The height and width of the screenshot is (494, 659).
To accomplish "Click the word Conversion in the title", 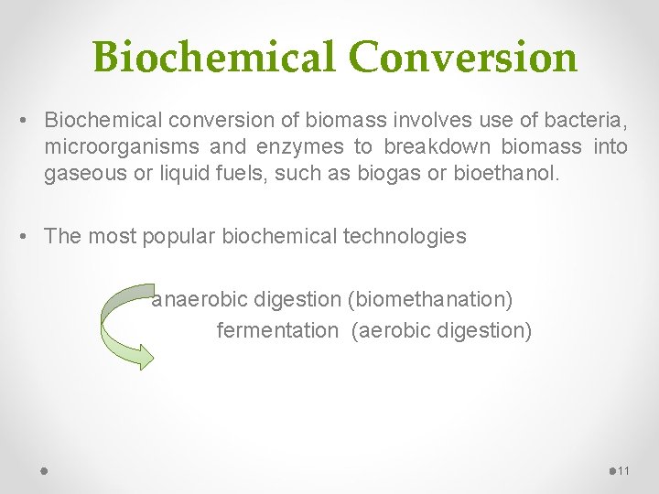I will coord(463,57).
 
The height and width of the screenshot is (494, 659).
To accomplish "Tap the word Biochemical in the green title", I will coord(214,57).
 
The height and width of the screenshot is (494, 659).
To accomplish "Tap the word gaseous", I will coord(85,172).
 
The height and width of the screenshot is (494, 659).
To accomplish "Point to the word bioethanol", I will coord(506,172).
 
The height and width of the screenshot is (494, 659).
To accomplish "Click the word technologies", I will coord(405,236).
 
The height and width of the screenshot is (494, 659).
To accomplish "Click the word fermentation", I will coord(276,330).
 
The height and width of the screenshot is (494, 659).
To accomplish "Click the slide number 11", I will coord(624,471).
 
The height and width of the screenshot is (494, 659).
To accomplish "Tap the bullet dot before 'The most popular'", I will coord(28,236).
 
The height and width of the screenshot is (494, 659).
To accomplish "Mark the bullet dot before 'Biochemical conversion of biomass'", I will coord(28,121).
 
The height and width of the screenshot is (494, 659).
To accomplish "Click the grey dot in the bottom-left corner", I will coord(44,471).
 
